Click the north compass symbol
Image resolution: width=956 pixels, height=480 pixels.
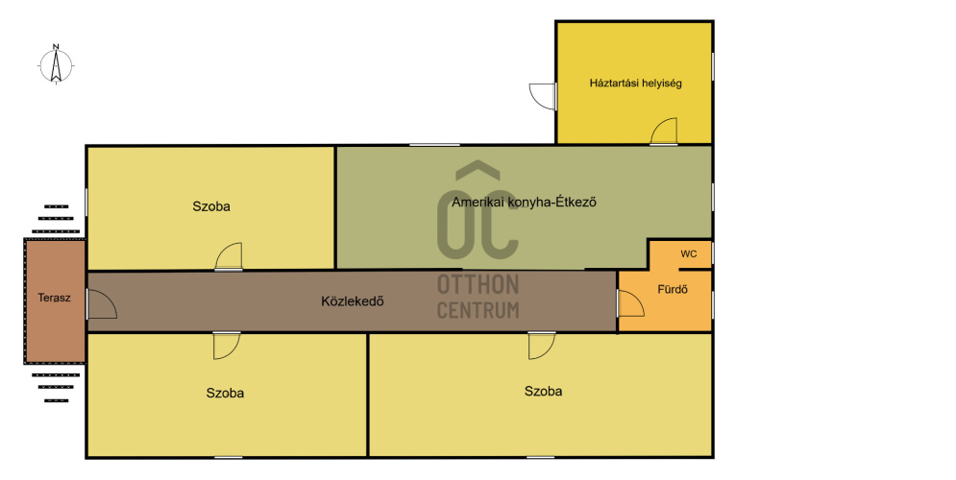coord(57,65)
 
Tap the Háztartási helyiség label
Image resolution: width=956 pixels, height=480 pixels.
coord(635,84)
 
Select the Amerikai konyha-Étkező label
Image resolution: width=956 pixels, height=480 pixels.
coord(525,203)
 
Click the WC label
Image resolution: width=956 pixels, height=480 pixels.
coord(688,254)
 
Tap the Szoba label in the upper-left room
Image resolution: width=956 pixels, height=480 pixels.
coord(211,206)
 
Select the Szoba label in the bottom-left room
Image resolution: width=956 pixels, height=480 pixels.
coord(225,393)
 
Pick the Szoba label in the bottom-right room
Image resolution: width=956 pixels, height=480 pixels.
coord(543,391)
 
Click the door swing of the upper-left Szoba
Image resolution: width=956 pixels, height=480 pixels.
coord(230,256)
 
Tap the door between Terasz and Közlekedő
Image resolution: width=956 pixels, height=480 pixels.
coord(101,304)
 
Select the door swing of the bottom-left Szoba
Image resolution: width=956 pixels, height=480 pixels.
coord(227,346)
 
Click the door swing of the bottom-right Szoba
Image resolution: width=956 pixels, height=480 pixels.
coord(541,346)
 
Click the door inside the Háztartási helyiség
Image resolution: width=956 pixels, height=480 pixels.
coord(664,132)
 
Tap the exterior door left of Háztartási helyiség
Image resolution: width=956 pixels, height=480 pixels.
coord(543,96)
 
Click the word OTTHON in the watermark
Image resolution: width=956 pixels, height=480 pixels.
coord(478,285)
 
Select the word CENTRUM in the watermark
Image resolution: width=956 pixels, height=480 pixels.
coord(478,309)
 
